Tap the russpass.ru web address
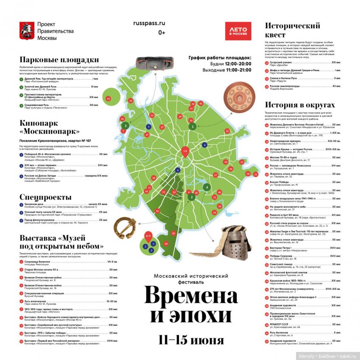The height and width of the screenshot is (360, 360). click(161, 24)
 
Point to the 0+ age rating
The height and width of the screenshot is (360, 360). click(161, 33)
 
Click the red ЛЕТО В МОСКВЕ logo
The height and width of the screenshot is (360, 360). click(238, 31)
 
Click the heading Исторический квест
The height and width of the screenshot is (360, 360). click(292, 30)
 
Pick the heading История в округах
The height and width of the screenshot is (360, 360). click(299, 105)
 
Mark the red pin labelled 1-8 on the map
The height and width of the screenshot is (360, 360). click(185, 152)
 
